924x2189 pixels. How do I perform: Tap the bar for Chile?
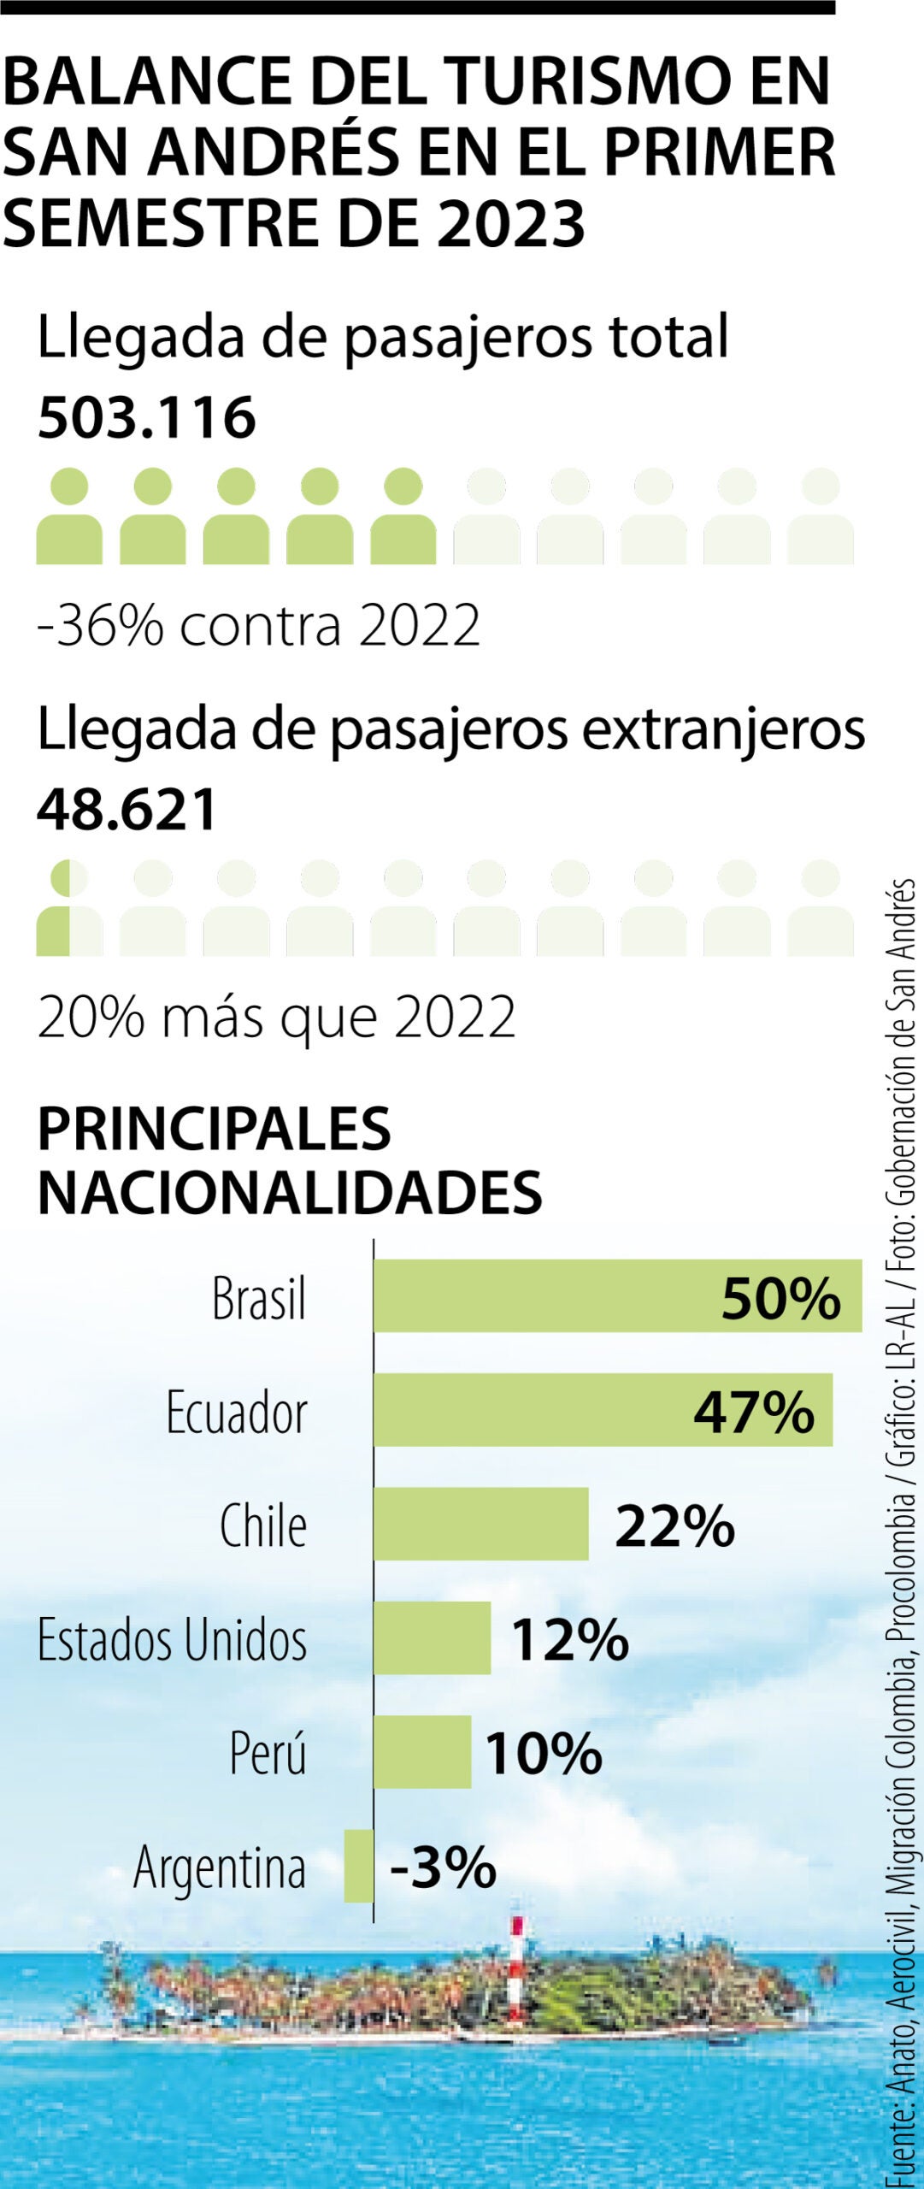[x=480, y=1524]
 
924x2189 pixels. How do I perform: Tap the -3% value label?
[x=443, y=1867]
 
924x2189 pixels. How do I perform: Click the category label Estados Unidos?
[x=172, y=1639]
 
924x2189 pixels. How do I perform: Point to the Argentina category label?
[x=220, y=1867]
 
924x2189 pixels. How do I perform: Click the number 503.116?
[x=146, y=418]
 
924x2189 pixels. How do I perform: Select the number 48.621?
[x=127, y=810]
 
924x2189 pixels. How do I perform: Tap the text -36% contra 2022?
[x=258, y=625]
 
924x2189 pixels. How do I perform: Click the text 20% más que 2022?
[x=276, y=1018]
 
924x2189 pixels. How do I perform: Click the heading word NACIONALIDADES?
[x=290, y=1191]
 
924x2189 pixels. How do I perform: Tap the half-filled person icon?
[x=68, y=909]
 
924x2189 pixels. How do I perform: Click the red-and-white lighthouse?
[x=516, y=1967]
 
